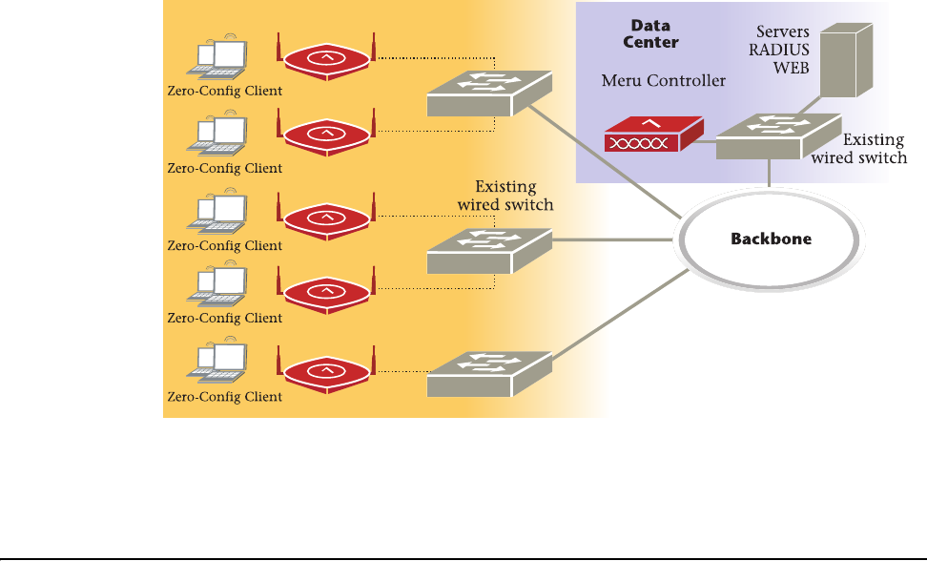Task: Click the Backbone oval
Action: pos(771,239)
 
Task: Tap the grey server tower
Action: pos(847,60)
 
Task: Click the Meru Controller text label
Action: pos(663,81)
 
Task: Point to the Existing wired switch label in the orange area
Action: pos(505,196)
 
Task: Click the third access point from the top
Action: pos(326,216)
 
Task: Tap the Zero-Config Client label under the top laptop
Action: pos(224,92)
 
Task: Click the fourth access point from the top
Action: pos(326,291)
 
